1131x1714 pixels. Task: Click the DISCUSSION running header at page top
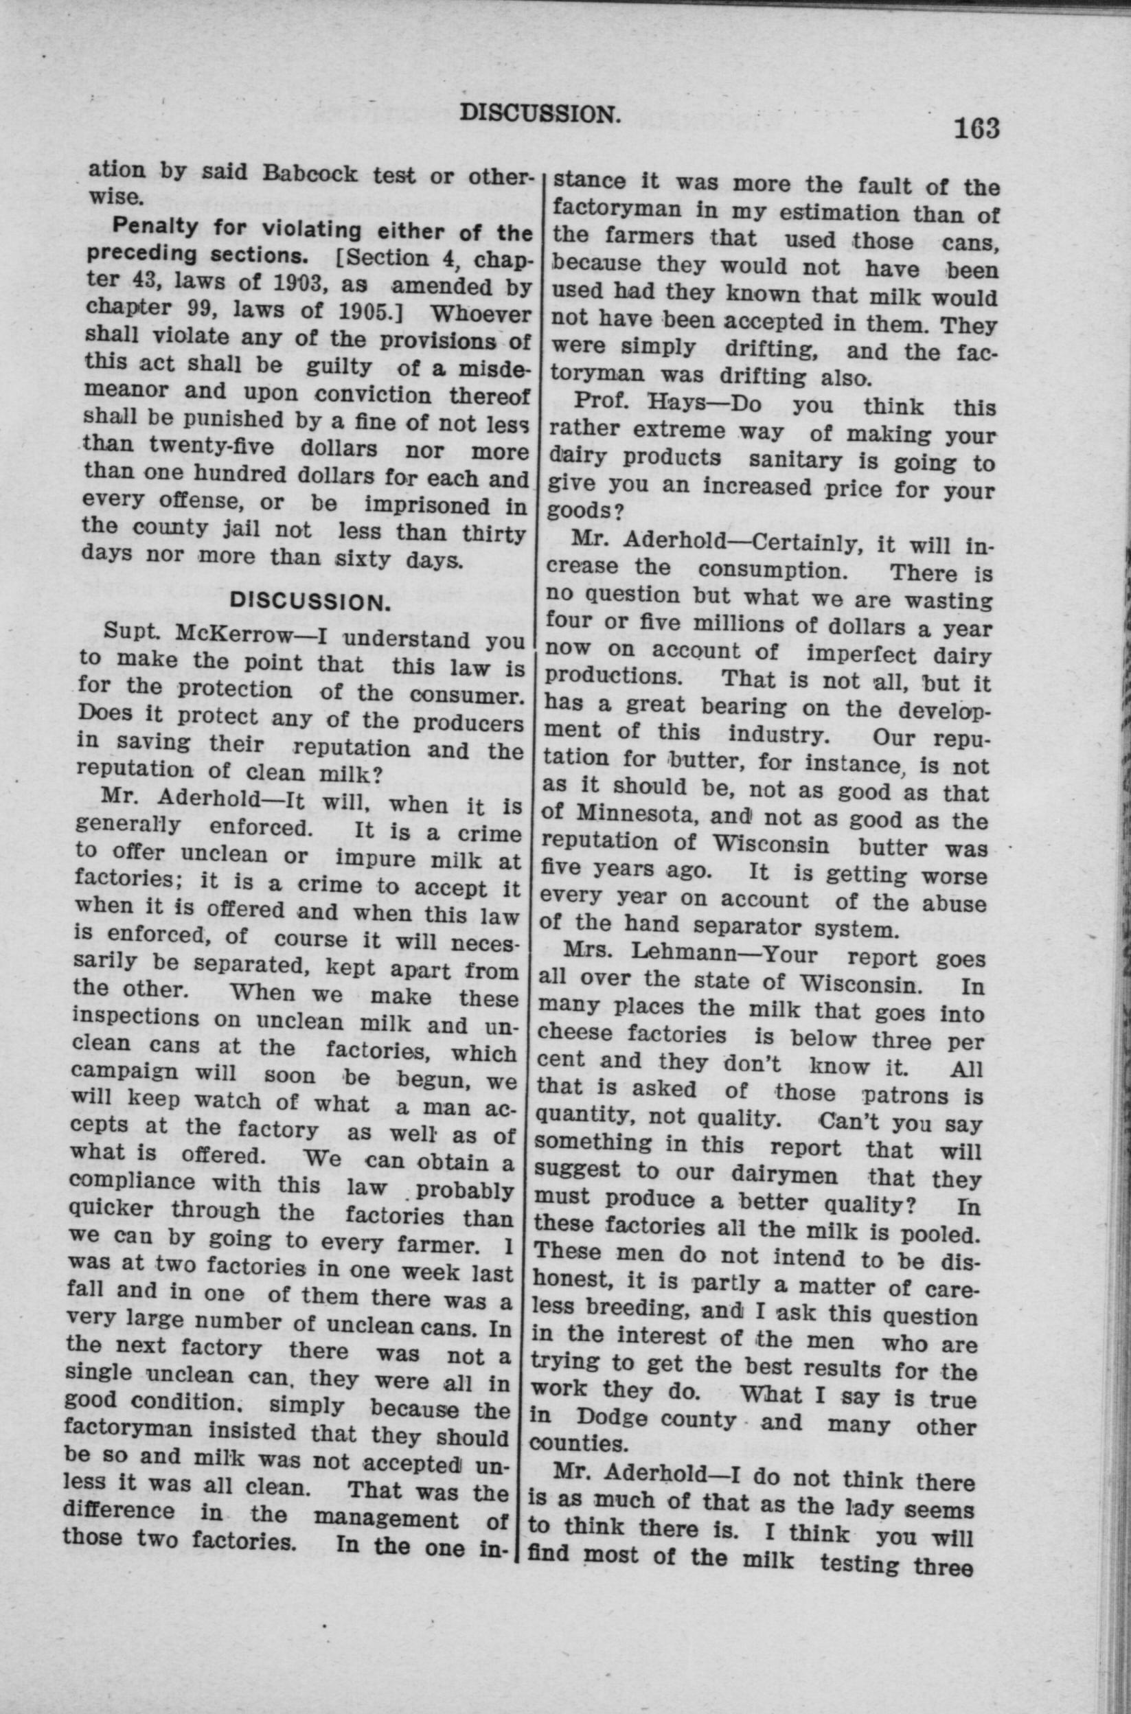540,113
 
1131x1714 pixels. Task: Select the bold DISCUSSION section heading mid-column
310,603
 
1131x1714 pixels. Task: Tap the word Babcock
310,174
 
